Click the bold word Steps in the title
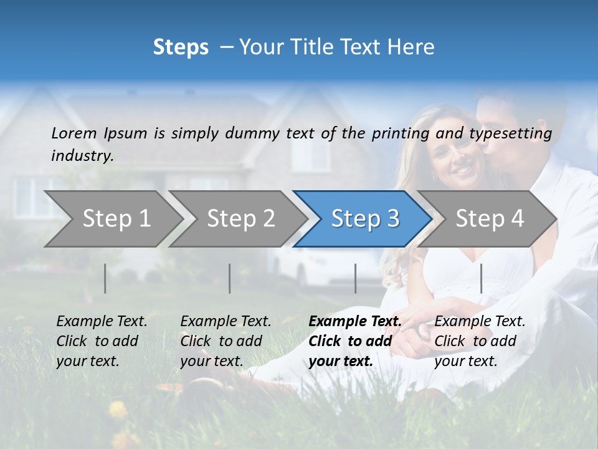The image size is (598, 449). [x=181, y=47]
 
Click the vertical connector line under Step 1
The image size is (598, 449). [x=105, y=278]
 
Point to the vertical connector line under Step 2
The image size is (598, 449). [x=230, y=278]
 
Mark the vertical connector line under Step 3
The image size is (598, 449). [x=355, y=278]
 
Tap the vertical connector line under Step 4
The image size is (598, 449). [x=481, y=278]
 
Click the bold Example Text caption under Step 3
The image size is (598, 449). [x=355, y=340]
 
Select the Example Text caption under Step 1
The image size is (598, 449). [x=102, y=340]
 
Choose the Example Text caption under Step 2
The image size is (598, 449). [x=225, y=340]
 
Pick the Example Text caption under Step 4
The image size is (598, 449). [x=480, y=340]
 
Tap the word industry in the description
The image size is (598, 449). [x=82, y=156]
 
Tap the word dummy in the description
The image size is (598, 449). [x=252, y=133]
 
